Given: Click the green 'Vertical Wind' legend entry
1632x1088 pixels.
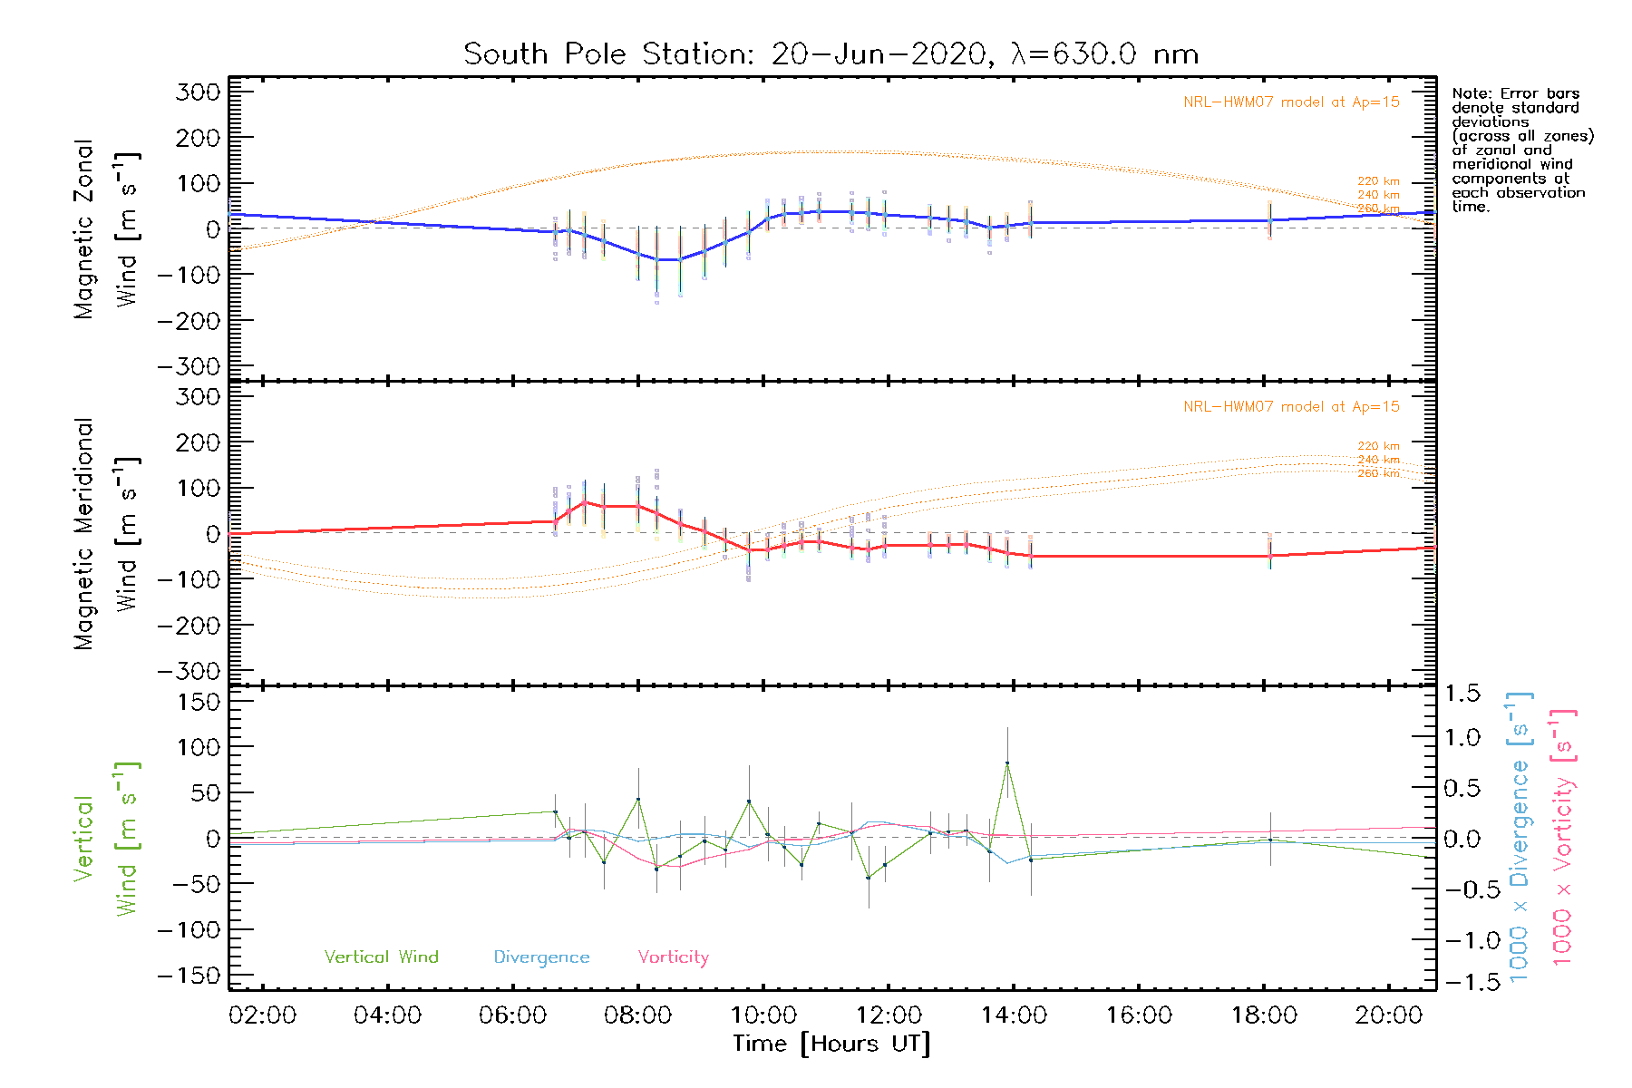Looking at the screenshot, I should click(381, 957).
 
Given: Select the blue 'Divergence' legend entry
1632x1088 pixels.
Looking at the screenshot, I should click(541, 957).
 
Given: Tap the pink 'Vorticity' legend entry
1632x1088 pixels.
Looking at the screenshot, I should click(673, 957).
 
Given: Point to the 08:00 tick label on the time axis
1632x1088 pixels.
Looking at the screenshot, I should click(637, 1015).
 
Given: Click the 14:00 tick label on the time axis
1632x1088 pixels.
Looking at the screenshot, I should click(1014, 1015).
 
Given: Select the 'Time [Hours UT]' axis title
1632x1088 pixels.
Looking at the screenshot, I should click(831, 1044).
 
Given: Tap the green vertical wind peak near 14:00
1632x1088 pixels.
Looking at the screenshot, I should click(1007, 763).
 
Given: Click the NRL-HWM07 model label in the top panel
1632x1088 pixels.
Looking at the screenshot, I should click(1291, 102).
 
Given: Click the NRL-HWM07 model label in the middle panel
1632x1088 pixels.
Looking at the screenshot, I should click(1291, 407).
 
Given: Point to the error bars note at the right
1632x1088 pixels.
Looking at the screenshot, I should click(1521, 150).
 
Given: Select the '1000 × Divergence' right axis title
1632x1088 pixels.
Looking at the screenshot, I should click(1520, 838).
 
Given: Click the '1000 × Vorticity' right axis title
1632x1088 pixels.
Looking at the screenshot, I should click(1562, 838).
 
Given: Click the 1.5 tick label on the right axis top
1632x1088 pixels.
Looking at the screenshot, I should click(1462, 694).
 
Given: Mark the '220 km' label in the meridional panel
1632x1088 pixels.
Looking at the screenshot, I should click(1378, 446).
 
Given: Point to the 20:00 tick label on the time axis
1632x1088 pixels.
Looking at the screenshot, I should click(1388, 1015).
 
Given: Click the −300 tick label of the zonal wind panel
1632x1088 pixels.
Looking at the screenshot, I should click(188, 367).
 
